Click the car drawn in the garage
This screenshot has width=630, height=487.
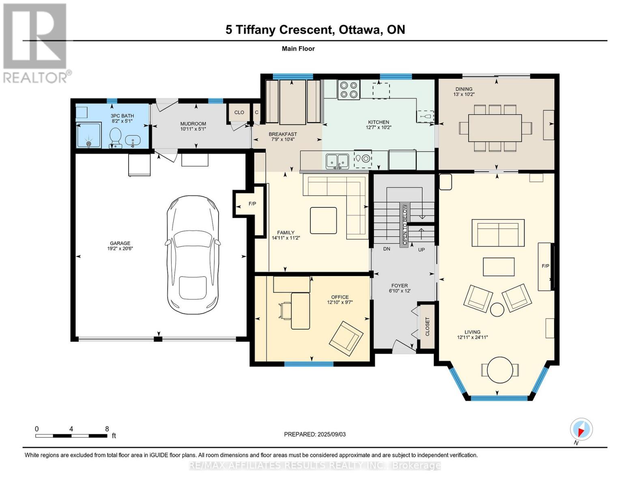pyautogui.click(x=192, y=255)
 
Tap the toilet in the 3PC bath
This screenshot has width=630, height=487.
pyautogui.click(x=115, y=138)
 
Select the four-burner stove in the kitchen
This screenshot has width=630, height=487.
pyautogui.click(x=348, y=90)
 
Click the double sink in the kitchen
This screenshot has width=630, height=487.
pyautogui.click(x=337, y=161)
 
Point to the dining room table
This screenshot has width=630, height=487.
pyautogui.click(x=495, y=128)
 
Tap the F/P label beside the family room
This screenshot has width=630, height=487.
pyautogui.click(x=252, y=204)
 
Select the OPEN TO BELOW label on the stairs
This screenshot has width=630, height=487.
pyautogui.click(x=405, y=224)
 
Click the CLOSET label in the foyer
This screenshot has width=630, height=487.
pyautogui.click(x=427, y=327)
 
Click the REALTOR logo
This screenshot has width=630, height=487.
pyautogui.click(x=35, y=43)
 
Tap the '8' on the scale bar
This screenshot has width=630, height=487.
pyautogui.click(x=107, y=429)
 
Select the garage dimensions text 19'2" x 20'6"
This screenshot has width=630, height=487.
pyautogui.click(x=120, y=249)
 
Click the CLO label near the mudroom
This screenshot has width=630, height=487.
pyautogui.click(x=239, y=112)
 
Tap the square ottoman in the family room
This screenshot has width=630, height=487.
pyautogui.click(x=323, y=220)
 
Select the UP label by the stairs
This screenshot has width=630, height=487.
pyautogui.click(x=421, y=250)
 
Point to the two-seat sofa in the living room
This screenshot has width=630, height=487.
pyautogui.click(x=498, y=233)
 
